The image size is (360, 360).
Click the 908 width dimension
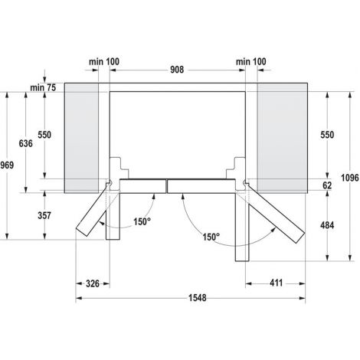pyautogui.click(x=177, y=70)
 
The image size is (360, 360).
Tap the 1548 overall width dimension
pyautogui.click(x=197, y=298)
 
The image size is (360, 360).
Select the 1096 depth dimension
pyautogui.click(x=350, y=178)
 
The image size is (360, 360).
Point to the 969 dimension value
pyautogui.click(x=7, y=165)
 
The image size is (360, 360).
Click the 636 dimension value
pyautogui.click(x=26, y=143)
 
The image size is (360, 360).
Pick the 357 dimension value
pyautogui.click(x=44, y=215)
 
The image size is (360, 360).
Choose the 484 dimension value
pyautogui.click(x=327, y=225)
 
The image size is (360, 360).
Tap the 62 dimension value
pyautogui.click(x=327, y=185)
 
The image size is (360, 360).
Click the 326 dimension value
pyautogui.click(x=93, y=283)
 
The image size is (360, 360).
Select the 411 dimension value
pyautogui.click(x=277, y=283)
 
